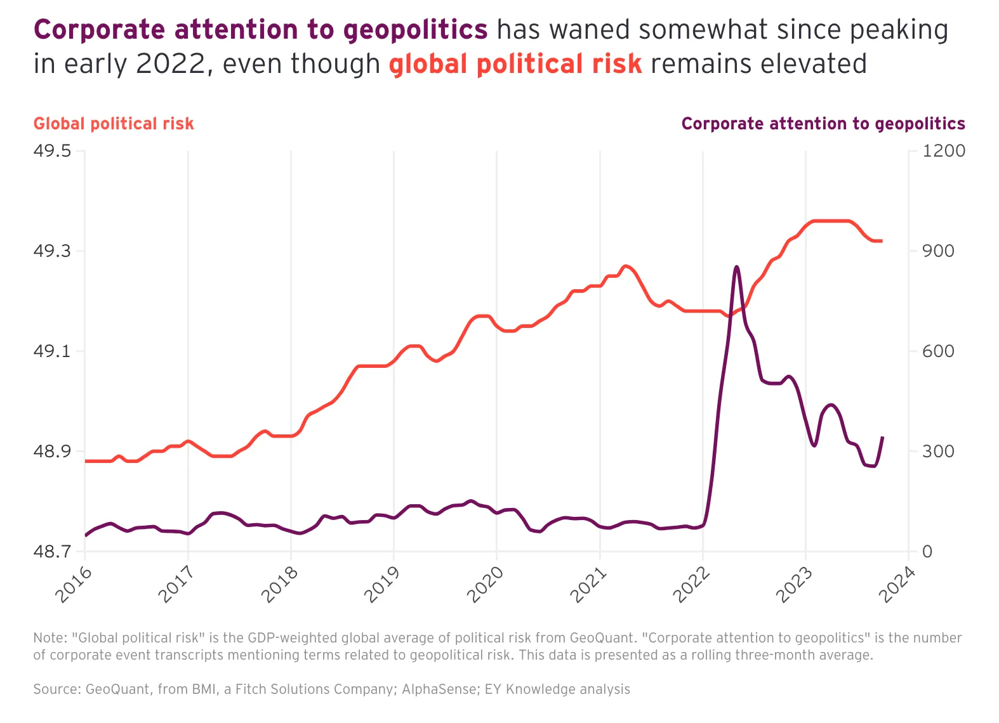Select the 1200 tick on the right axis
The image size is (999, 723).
(943, 151)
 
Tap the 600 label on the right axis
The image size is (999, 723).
(938, 351)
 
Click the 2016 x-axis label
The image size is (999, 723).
(74, 584)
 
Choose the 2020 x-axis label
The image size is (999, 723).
(486, 584)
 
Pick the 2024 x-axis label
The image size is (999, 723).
(897, 584)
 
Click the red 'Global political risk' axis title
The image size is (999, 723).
(114, 124)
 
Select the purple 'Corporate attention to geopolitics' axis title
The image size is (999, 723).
(823, 124)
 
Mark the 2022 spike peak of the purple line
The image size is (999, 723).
(736, 267)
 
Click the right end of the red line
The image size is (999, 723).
(882, 241)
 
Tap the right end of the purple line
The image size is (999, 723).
(882, 437)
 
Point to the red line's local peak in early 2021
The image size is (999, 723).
(626, 266)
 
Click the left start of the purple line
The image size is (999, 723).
(86, 535)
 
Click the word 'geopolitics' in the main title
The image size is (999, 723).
(415, 30)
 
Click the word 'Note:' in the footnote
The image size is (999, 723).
(50, 638)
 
